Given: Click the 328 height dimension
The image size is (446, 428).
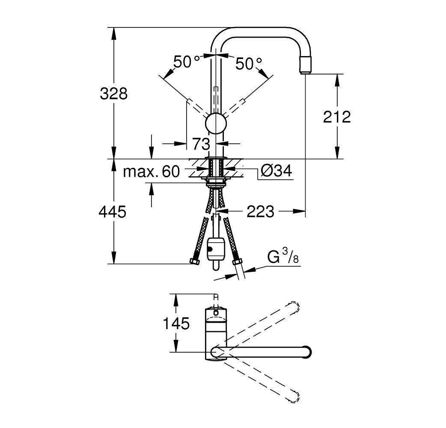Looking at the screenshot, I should pos(114,93).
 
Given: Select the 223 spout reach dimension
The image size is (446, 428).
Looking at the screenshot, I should pos(260,211).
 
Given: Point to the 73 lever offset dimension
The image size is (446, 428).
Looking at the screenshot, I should pos(201,144).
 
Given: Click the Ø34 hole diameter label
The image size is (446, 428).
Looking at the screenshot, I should pos(276,172).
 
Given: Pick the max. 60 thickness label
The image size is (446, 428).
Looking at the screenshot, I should pos(151,172).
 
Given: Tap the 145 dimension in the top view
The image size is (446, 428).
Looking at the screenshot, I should pos(176,324).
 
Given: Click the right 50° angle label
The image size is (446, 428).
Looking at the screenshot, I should pos(249,64).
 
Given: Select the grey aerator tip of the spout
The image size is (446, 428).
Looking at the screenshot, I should pos(307,65).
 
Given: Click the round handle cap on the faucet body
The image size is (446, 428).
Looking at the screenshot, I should pos(215,124).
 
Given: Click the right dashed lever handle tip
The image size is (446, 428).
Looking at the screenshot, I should pos(243,101).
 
